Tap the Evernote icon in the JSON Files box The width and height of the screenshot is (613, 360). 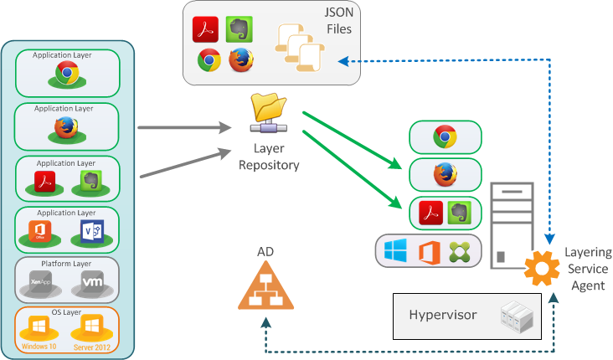tap(241, 29)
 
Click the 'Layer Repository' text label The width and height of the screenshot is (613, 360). tap(269, 157)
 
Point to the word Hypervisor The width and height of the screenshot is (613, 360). tap(444, 315)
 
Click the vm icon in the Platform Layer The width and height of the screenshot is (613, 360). tap(91, 284)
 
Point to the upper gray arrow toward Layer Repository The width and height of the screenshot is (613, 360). tap(184, 128)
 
